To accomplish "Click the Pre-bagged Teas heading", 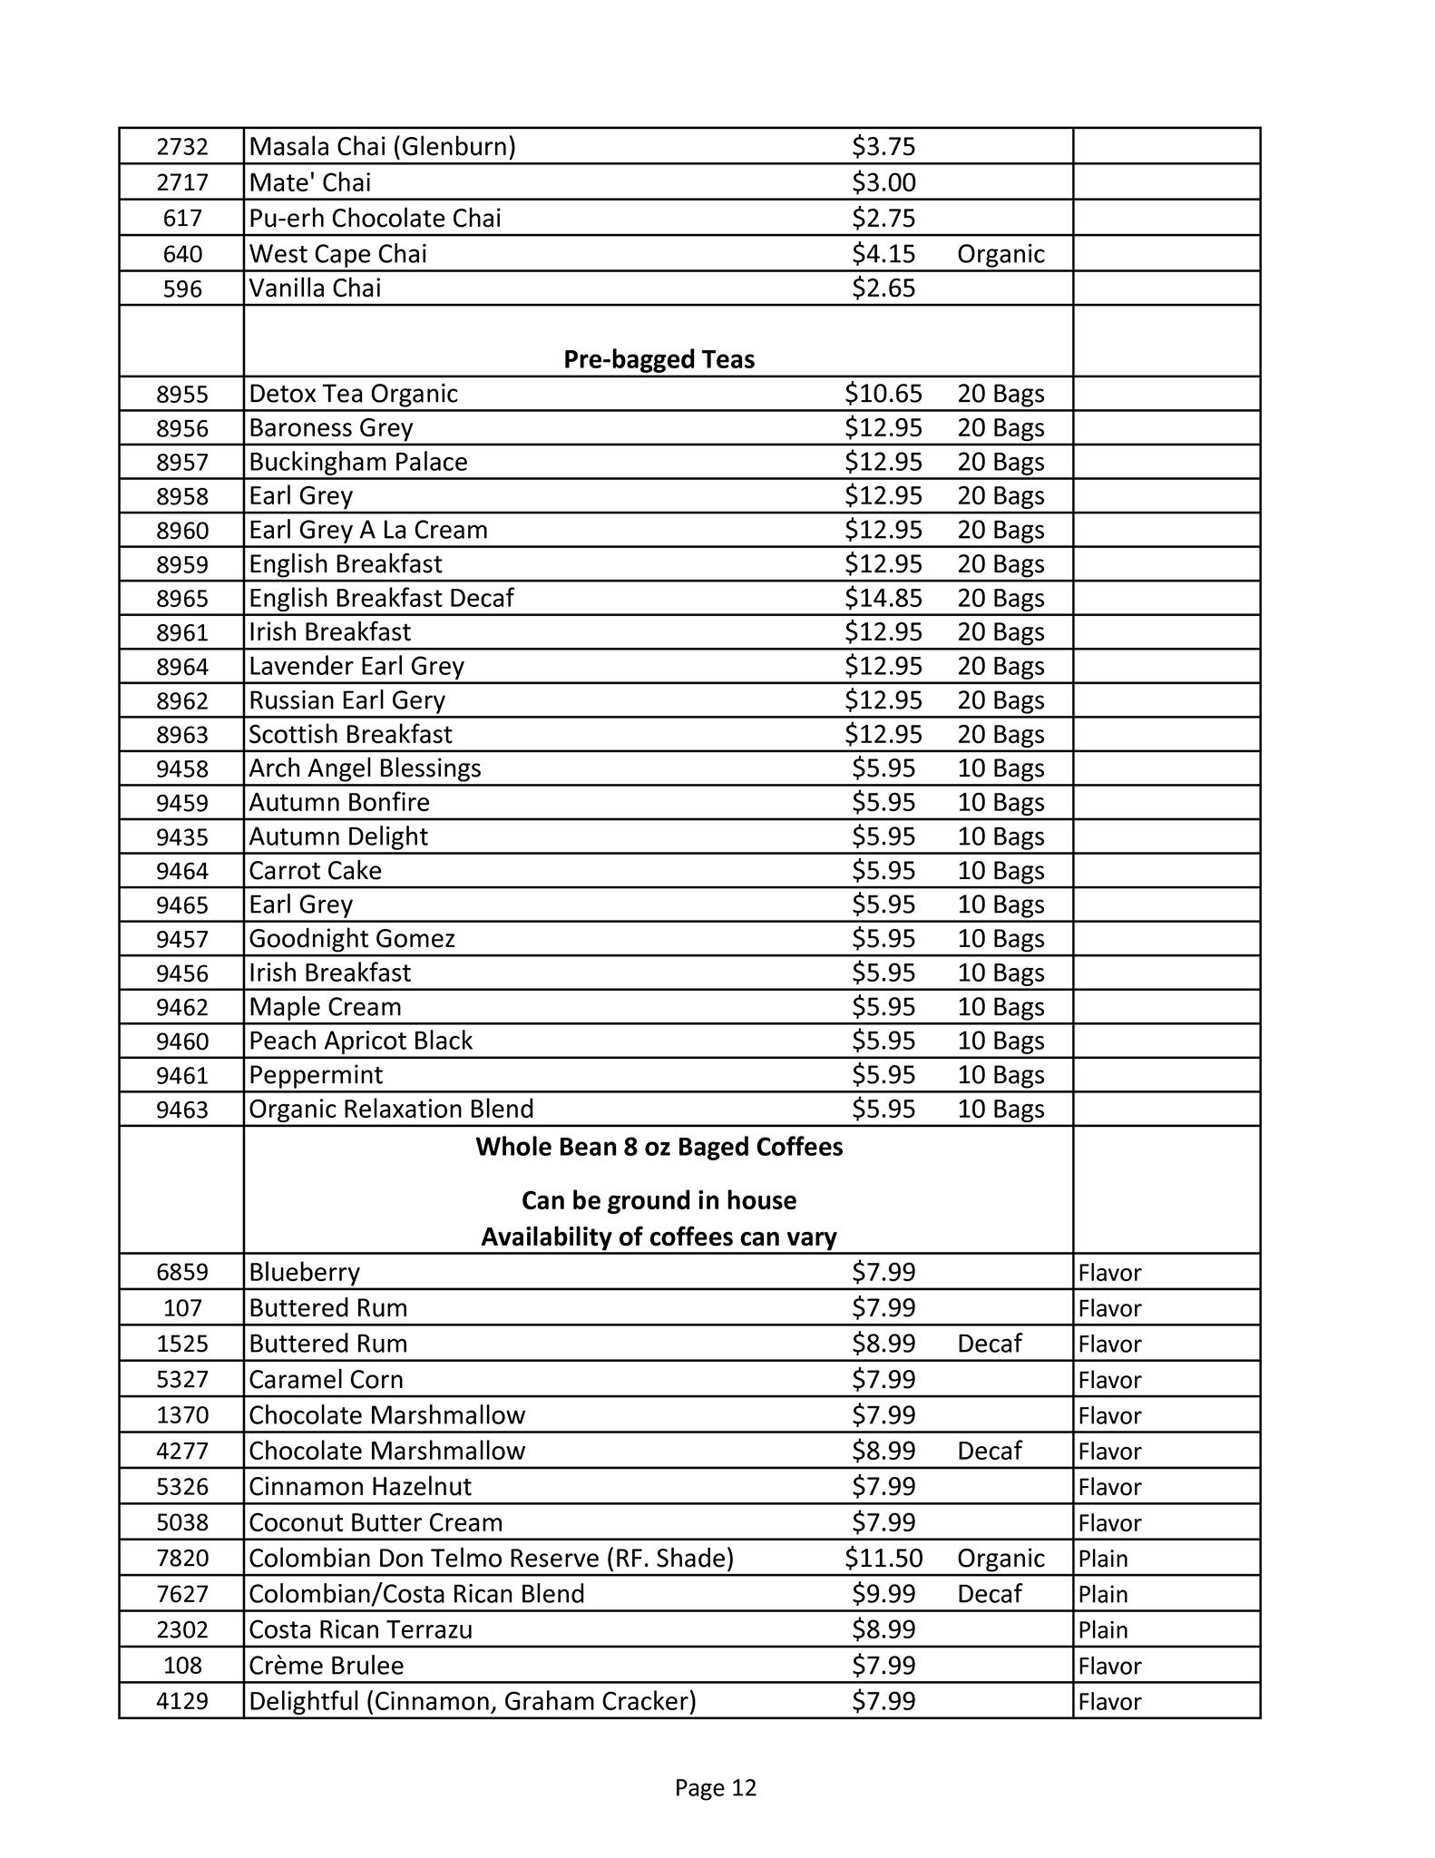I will [659, 359].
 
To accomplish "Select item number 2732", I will [182, 147].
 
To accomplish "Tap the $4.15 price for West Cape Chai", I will [883, 254].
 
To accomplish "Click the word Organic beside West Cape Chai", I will [1001, 254].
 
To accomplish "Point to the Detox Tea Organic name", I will [353, 394].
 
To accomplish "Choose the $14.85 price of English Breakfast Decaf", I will [883, 598].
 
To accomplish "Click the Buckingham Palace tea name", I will [358, 462].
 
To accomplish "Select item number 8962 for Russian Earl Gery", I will [182, 700].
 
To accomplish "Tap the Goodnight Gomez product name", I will [352, 938].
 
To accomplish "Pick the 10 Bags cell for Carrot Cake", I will [1001, 871].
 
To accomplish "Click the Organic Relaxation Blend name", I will [391, 1109].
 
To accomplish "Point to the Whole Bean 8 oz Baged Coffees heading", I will [659, 1147].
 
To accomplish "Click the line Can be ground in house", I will [659, 1200].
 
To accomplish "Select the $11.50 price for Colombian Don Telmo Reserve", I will [883, 1558].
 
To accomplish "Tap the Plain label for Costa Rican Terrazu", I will [1103, 1629].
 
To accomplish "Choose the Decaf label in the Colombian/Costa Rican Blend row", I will [989, 1594].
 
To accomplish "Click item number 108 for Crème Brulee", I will [182, 1666].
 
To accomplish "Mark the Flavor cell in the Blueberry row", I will [1109, 1273].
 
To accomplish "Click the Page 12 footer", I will [715, 1787].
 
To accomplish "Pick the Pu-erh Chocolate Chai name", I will [375, 219].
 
